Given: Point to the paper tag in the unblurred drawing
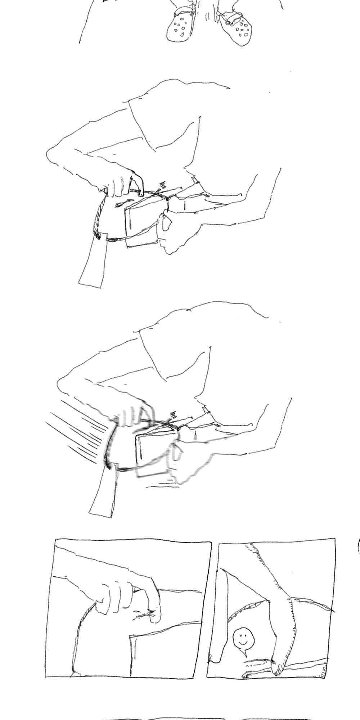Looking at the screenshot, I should tap(93, 263).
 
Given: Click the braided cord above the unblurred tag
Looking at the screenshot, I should tap(99, 216).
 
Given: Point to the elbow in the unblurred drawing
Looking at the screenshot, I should tap(50, 155).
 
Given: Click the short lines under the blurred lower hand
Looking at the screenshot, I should tap(162, 486).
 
